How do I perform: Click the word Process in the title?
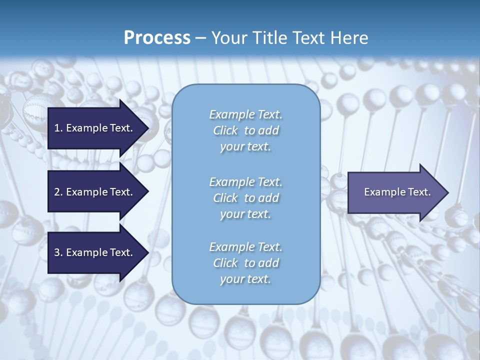point(157,38)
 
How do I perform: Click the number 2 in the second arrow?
point(57,192)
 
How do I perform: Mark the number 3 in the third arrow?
point(57,252)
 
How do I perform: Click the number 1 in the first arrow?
point(56,128)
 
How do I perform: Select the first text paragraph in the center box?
point(245,130)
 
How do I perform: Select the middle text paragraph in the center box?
point(245,198)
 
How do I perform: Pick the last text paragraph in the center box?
point(245,263)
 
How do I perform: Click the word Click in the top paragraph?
point(225,130)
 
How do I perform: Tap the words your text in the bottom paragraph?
point(245,279)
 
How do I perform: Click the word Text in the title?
point(308,38)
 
